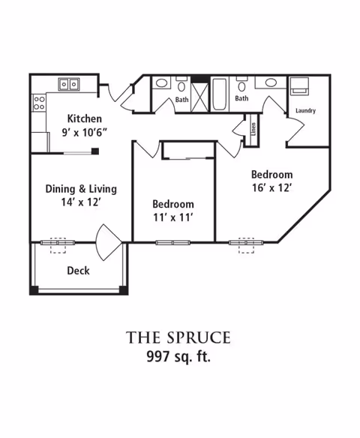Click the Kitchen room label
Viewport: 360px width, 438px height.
tap(84, 118)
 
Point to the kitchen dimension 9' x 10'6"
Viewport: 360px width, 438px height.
tap(84, 132)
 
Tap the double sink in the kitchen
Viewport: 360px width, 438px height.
tap(69, 84)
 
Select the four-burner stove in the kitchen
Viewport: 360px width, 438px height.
tap(39, 103)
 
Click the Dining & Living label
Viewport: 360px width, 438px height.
tap(81, 189)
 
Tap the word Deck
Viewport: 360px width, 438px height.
tap(78, 271)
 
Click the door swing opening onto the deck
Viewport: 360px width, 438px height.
tap(108, 242)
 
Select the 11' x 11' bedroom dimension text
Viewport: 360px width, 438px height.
tap(173, 217)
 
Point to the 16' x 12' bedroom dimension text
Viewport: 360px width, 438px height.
tap(272, 187)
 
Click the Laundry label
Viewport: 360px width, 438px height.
tap(305, 110)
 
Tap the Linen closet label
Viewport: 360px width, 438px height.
tap(253, 129)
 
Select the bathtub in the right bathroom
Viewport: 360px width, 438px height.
tap(219, 94)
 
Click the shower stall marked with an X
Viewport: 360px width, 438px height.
tap(200, 97)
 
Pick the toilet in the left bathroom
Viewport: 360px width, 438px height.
tap(181, 85)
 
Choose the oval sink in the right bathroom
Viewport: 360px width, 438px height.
tap(271, 82)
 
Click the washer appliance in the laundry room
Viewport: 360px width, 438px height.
tap(299, 86)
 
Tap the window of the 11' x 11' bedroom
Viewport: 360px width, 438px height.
tap(173, 242)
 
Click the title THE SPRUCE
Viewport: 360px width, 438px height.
tap(178, 337)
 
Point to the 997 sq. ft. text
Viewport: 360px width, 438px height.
tap(178, 356)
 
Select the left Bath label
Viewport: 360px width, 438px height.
tap(181, 100)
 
